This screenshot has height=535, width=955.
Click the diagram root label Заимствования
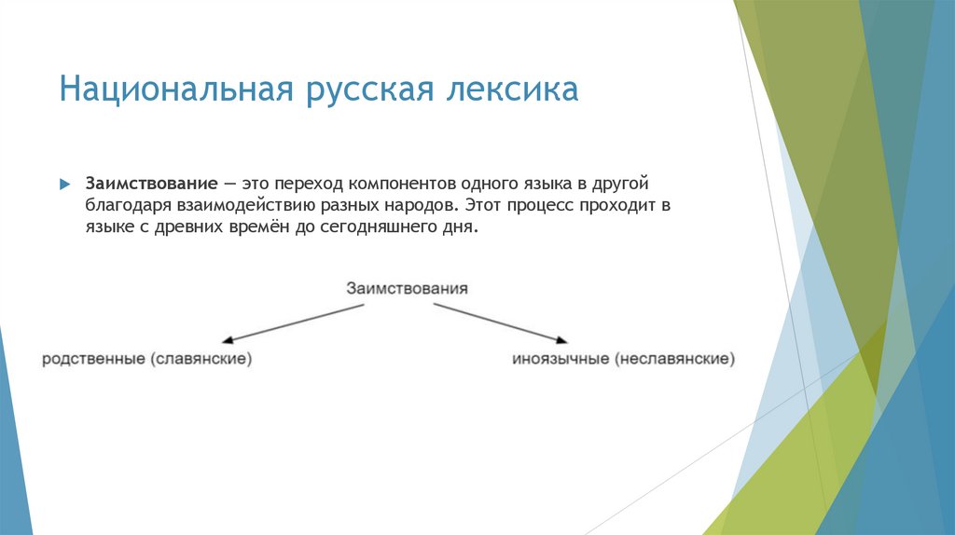pos(407,288)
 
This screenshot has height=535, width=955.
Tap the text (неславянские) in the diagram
pos(674,358)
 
